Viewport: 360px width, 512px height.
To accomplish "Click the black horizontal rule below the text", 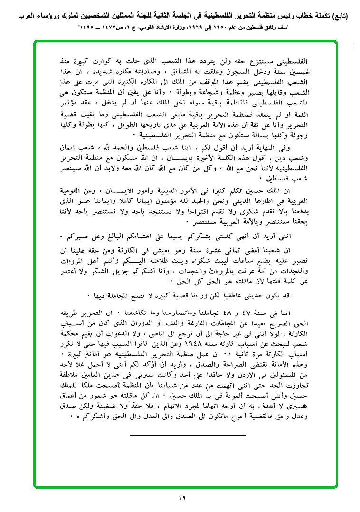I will click(188, 435).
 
